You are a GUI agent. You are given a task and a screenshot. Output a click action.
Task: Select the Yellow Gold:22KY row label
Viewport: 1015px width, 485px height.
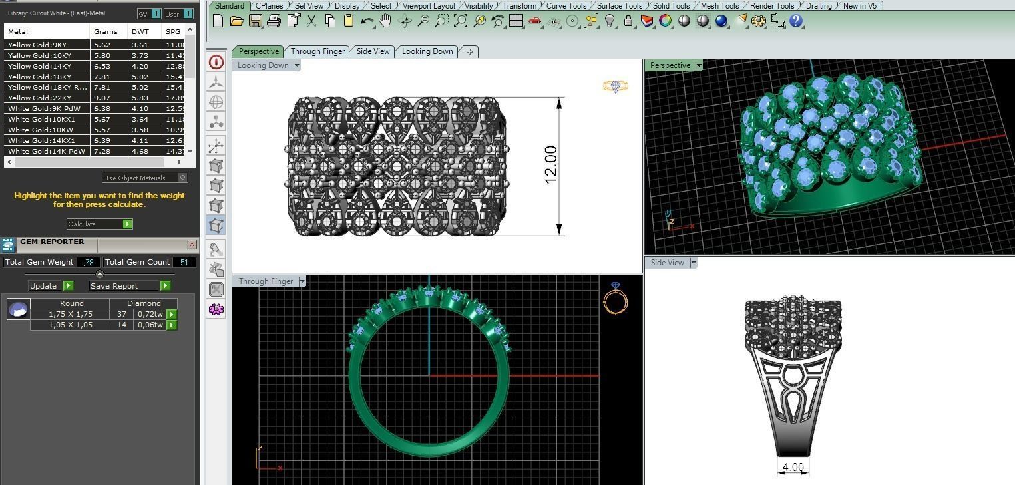[x=39, y=98]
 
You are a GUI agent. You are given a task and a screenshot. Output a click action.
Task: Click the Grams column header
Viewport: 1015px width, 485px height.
[x=106, y=31]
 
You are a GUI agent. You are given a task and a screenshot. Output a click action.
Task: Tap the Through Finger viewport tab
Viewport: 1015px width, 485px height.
[x=317, y=51]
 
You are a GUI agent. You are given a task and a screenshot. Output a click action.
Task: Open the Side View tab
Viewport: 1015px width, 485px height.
[x=373, y=51]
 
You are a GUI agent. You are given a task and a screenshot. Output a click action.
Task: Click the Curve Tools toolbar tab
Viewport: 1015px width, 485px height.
[x=566, y=6]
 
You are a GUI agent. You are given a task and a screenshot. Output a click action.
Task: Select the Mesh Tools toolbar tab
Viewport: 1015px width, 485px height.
[x=719, y=6]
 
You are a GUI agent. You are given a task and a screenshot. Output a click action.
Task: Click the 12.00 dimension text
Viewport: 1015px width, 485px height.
[x=550, y=165]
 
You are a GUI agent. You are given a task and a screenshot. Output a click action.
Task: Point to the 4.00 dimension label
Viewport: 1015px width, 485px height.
[x=793, y=467]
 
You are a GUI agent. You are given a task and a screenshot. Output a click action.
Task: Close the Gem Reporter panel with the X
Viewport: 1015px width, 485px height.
[x=192, y=245]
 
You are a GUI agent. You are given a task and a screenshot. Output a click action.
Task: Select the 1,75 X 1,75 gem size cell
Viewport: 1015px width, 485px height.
[x=71, y=314]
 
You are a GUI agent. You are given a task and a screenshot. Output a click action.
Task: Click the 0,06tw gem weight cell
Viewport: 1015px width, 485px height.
[x=150, y=325]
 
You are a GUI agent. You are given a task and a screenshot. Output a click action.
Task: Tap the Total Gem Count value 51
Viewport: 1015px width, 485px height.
[x=184, y=262]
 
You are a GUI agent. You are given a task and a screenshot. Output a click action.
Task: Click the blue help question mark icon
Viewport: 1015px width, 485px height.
[x=797, y=21]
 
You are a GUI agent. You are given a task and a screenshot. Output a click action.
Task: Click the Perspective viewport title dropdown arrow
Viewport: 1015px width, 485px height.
[x=699, y=65]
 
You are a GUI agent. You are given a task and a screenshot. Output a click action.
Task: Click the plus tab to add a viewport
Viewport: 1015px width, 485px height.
[x=469, y=51]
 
